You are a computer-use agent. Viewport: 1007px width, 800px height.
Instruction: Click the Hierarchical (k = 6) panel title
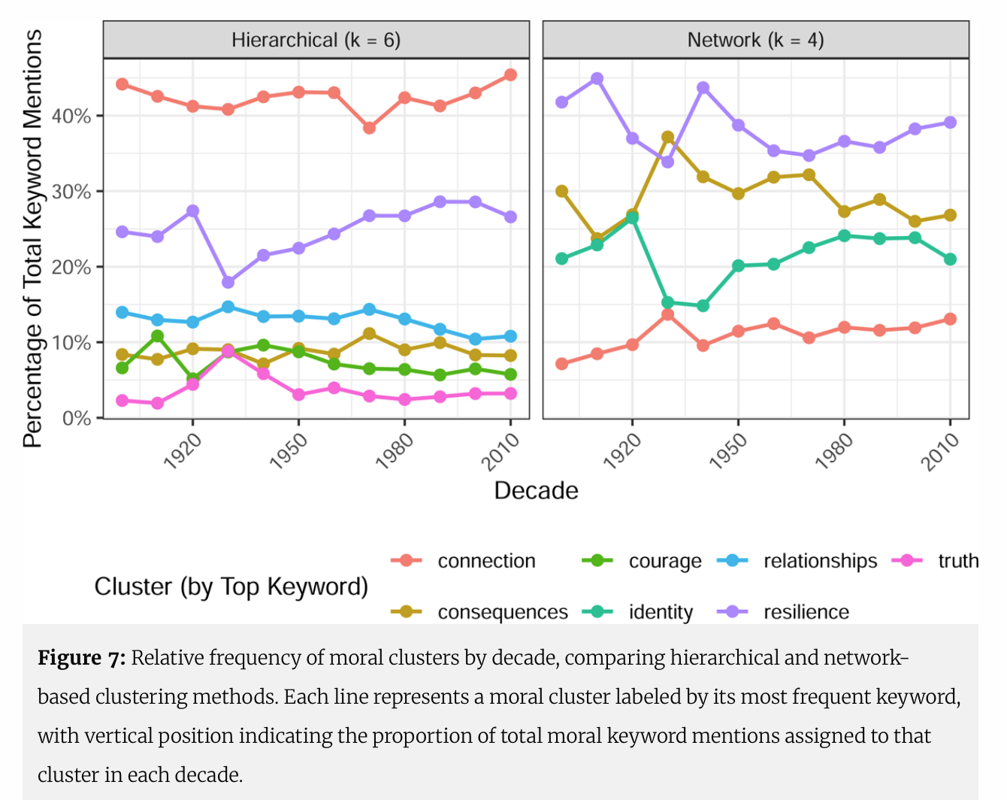pos(316,40)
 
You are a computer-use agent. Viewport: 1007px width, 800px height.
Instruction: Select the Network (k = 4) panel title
pos(755,40)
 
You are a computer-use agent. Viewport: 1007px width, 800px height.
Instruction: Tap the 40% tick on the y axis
pos(71,117)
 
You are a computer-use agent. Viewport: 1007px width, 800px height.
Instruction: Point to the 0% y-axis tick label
pos(77,418)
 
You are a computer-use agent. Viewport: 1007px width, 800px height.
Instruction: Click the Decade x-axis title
pos(536,491)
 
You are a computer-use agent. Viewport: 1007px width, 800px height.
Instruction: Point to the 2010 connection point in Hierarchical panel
pos(510,75)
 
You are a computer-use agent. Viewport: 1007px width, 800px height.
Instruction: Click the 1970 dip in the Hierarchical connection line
pos(369,128)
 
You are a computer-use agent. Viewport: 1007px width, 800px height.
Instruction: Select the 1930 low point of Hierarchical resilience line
pos(228,282)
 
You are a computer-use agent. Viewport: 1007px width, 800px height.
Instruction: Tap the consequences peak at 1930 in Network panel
pos(667,137)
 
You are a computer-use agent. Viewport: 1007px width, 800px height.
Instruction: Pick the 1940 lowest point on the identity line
pos(703,306)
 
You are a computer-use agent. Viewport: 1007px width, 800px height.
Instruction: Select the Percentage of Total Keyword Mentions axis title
pos(32,239)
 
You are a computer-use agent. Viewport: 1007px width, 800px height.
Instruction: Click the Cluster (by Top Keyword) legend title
pos(231,586)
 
